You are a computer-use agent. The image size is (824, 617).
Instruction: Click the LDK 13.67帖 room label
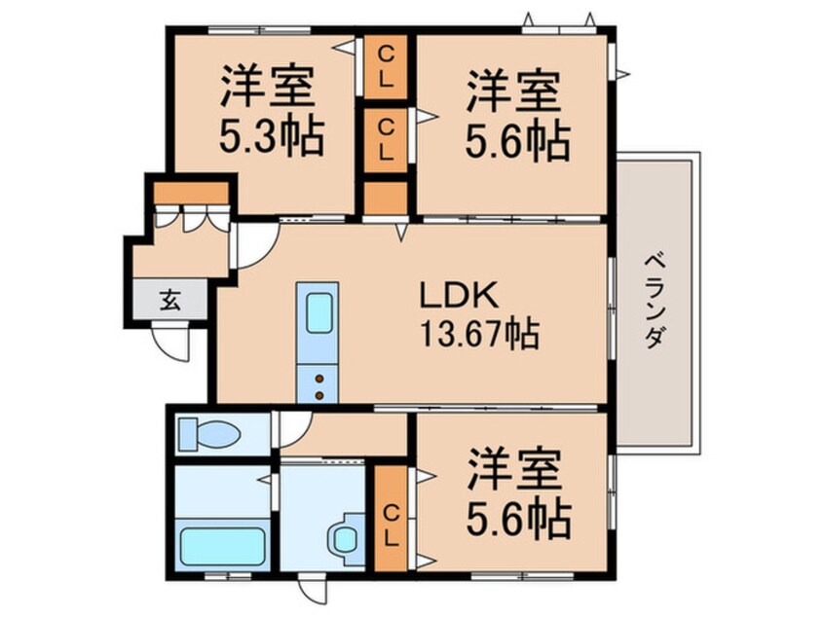point(479,315)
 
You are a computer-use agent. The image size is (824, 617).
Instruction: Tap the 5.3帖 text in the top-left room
point(271,136)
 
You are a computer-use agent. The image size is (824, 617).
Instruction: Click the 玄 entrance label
point(170,301)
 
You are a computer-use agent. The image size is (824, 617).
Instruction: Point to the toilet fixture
point(209,434)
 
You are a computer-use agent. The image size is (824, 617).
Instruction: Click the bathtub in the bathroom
point(222,546)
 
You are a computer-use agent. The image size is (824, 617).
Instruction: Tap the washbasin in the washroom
point(347,538)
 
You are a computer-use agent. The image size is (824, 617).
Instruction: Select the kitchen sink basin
point(318,313)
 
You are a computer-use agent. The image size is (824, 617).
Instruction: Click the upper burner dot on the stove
point(319,379)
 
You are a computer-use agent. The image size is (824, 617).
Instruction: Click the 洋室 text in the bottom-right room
point(513,469)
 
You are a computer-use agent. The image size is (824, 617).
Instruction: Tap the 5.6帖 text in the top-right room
point(517,142)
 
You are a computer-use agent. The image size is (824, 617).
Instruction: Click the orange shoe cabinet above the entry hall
point(191,193)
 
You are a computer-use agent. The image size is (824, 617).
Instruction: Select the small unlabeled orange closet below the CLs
point(386,198)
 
